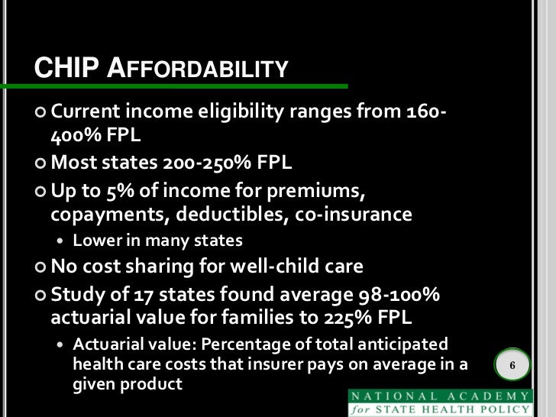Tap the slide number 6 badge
point(513,367)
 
